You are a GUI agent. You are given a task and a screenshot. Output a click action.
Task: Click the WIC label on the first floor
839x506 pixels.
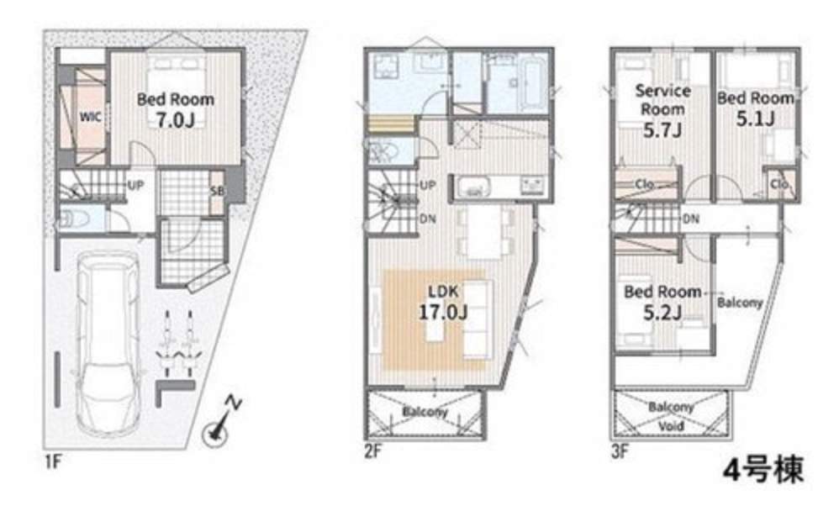(91, 116)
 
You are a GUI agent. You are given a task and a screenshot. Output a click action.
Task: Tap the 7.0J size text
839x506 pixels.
(175, 120)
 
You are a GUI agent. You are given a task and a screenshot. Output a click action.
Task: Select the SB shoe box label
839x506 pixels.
(217, 191)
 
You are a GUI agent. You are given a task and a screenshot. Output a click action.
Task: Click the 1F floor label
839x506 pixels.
(51, 461)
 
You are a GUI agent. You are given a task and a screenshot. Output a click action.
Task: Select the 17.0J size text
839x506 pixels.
(443, 311)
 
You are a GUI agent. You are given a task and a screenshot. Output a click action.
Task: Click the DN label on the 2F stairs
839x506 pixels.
(427, 219)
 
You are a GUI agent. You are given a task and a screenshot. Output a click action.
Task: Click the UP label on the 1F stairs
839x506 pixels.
(135, 186)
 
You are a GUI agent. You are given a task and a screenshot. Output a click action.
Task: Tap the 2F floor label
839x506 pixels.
(373, 452)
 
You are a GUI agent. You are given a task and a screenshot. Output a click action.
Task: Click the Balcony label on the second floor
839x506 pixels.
(425, 412)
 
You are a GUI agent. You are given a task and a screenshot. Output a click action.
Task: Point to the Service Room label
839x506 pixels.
(663, 100)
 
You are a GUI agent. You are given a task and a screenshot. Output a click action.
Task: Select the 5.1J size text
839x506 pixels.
(756, 119)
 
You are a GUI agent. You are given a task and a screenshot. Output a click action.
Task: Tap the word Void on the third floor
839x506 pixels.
(671, 426)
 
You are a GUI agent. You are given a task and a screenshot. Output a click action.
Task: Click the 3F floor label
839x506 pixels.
(620, 452)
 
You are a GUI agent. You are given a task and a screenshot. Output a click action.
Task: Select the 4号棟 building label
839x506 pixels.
(763, 470)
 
